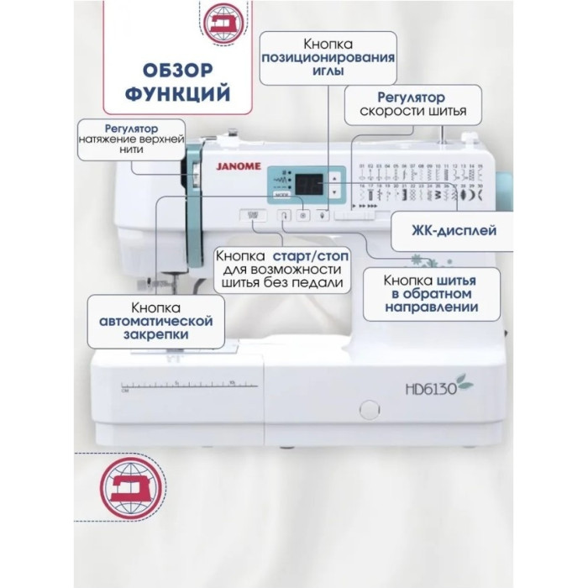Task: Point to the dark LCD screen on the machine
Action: pos(308,181)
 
